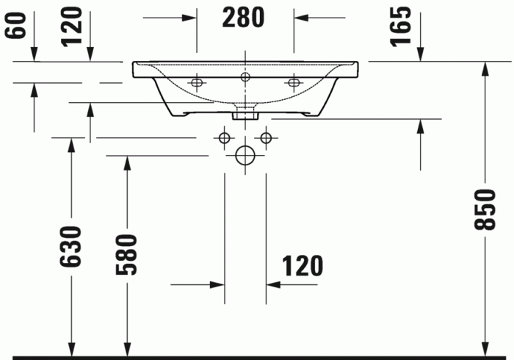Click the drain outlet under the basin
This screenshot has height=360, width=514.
point(245,114)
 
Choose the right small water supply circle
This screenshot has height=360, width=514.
point(266,137)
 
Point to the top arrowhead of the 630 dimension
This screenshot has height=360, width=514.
point(71,145)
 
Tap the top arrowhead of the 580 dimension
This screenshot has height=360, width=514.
point(127,163)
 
